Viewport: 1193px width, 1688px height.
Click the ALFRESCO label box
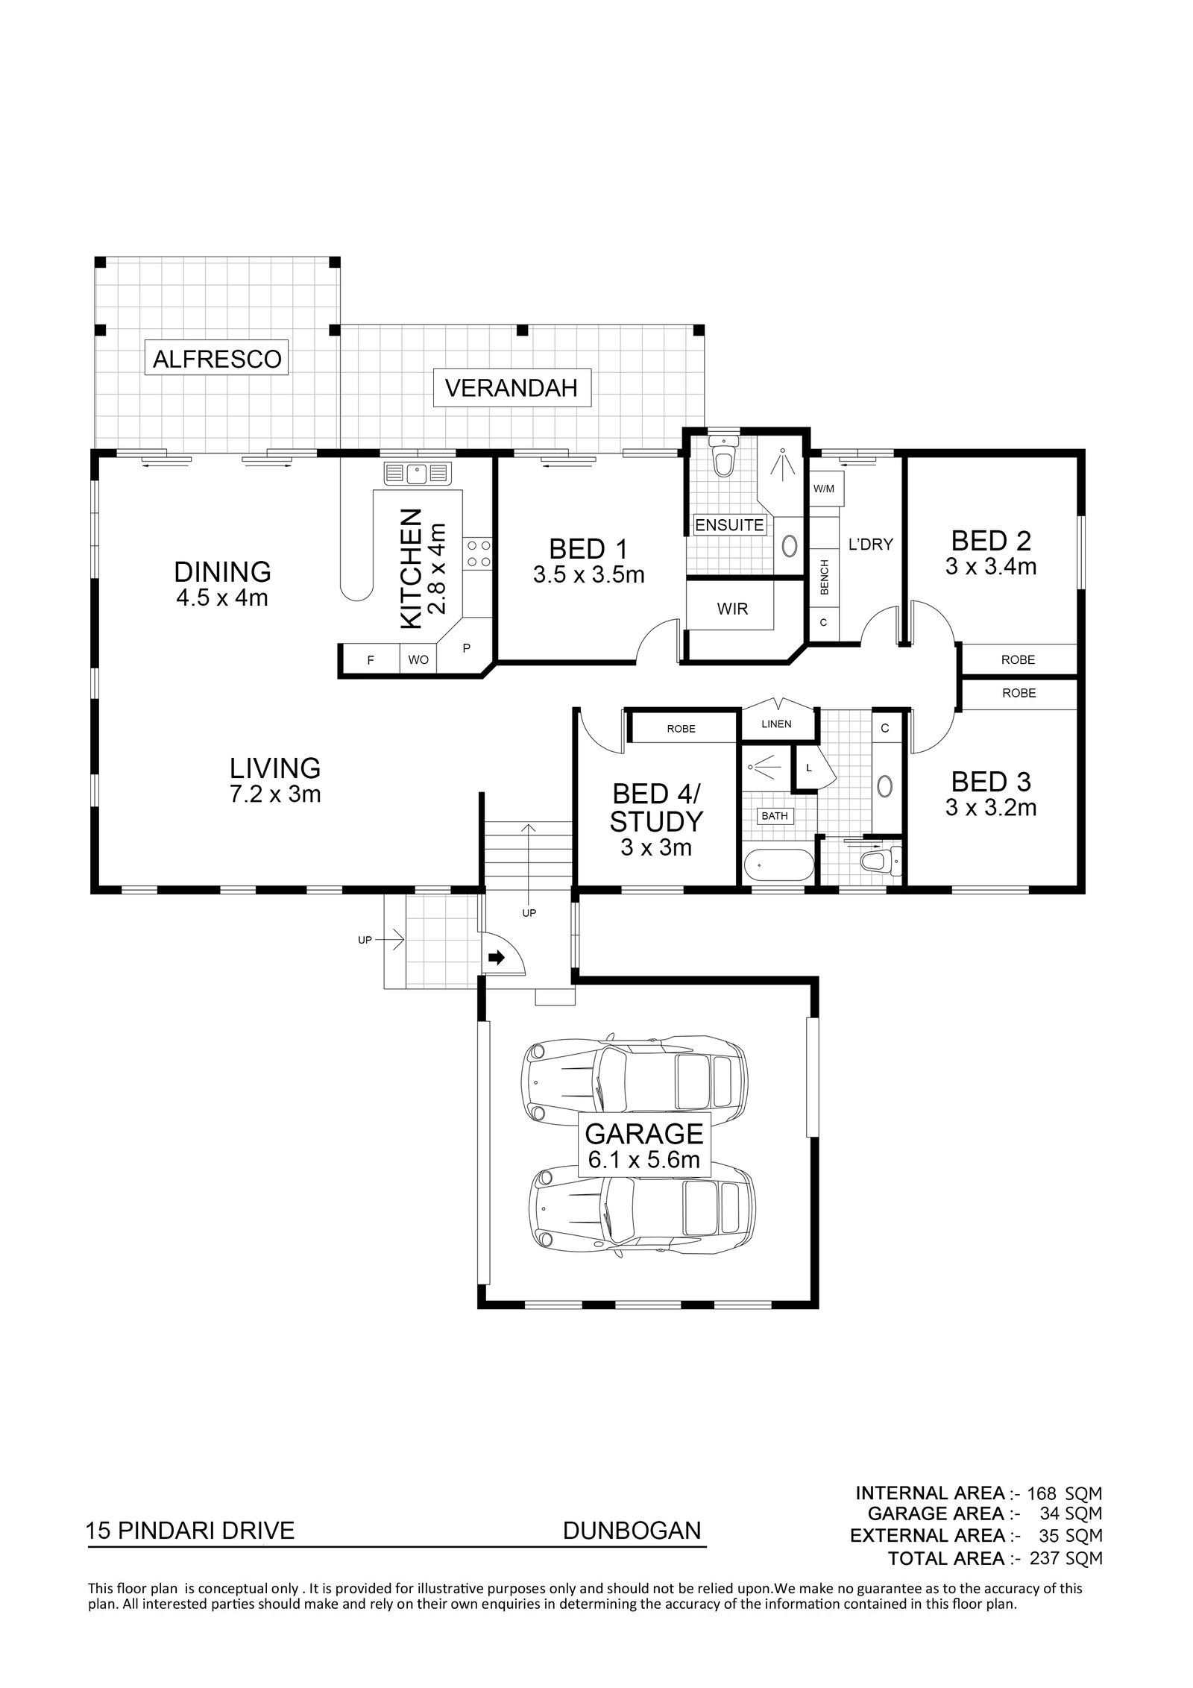(217, 359)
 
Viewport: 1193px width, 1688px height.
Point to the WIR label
(731, 609)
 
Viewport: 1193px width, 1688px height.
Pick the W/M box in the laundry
(824, 489)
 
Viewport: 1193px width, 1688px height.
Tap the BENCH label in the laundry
(825, 578)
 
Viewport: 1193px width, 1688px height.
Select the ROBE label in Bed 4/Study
(681, 728)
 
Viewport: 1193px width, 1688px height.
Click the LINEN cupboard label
(776, 724)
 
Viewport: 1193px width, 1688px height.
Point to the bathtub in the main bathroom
(778, 867)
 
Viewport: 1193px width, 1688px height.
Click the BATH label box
(775, 816)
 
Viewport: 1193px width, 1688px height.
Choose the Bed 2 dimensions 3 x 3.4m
(990, 566)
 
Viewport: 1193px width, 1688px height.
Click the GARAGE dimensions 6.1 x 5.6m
(643, 1160)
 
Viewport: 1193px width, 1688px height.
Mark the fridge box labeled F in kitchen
(370, 660)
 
